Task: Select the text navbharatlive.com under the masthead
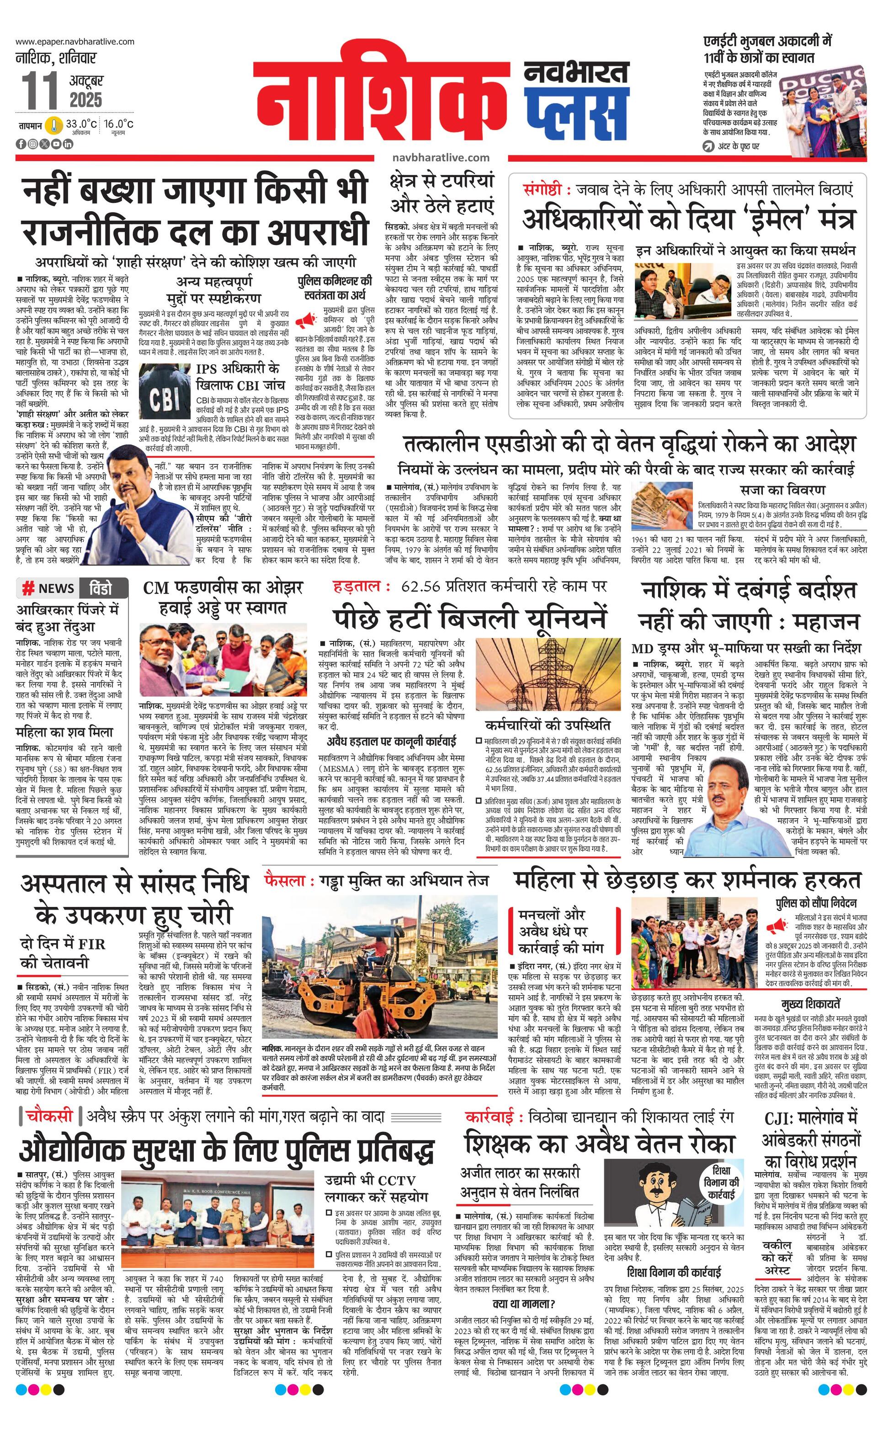441,158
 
